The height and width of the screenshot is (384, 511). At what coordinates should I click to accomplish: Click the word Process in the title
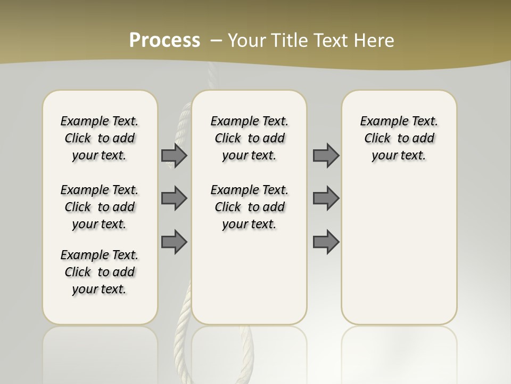(164, 41)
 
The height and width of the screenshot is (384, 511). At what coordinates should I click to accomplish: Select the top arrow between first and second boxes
(174, 155)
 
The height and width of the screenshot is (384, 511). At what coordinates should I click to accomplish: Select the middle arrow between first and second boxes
(174, 198)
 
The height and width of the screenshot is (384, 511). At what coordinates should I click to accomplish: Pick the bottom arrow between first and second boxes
(174, 242)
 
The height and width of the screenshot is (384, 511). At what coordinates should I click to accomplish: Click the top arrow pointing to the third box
(326, 155)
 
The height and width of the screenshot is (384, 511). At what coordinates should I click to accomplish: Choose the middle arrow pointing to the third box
(326, 198)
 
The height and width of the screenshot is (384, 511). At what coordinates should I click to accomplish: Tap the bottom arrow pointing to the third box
(326, 242)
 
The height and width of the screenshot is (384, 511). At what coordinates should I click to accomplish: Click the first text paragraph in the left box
(100, 138)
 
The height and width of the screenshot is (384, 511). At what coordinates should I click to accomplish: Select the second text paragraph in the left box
(100, 207)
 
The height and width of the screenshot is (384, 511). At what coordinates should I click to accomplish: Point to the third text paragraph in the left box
(100, 272)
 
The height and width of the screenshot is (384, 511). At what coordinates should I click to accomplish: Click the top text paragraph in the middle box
(249, 138)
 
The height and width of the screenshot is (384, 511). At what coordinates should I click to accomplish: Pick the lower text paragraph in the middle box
(249, 207)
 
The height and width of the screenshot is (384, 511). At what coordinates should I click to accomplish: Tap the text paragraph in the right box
(399, 138)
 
